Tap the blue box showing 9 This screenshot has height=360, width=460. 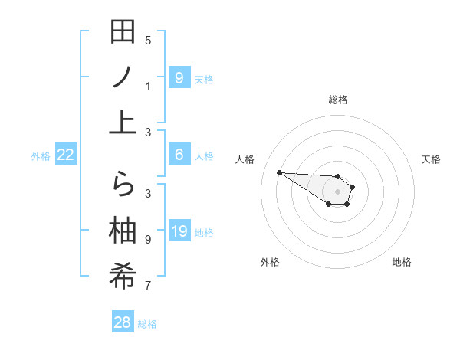click(x=179, y=77)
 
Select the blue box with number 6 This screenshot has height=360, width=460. click(x=179, y=155)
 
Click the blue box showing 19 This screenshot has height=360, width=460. click(x=179, y=231)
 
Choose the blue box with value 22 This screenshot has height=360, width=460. click(x=66, y=155)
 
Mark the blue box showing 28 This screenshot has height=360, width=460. click(x=123, y=322)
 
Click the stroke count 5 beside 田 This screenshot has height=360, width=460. click(x=148, y=40)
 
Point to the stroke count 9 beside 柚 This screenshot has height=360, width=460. click(x=148, y=239)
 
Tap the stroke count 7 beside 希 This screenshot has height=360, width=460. click(x=148, y=286)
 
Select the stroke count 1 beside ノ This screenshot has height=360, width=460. click(x=148, y=86)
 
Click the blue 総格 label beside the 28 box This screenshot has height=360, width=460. click(x=147, y=324)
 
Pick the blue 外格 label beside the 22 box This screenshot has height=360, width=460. click(x=41, y=156)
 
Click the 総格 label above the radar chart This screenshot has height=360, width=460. click(x=337, y=100)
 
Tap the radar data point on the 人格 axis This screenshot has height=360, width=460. click(x=279, y=172)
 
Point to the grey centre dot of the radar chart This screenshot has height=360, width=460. click(x=337, y=191)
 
